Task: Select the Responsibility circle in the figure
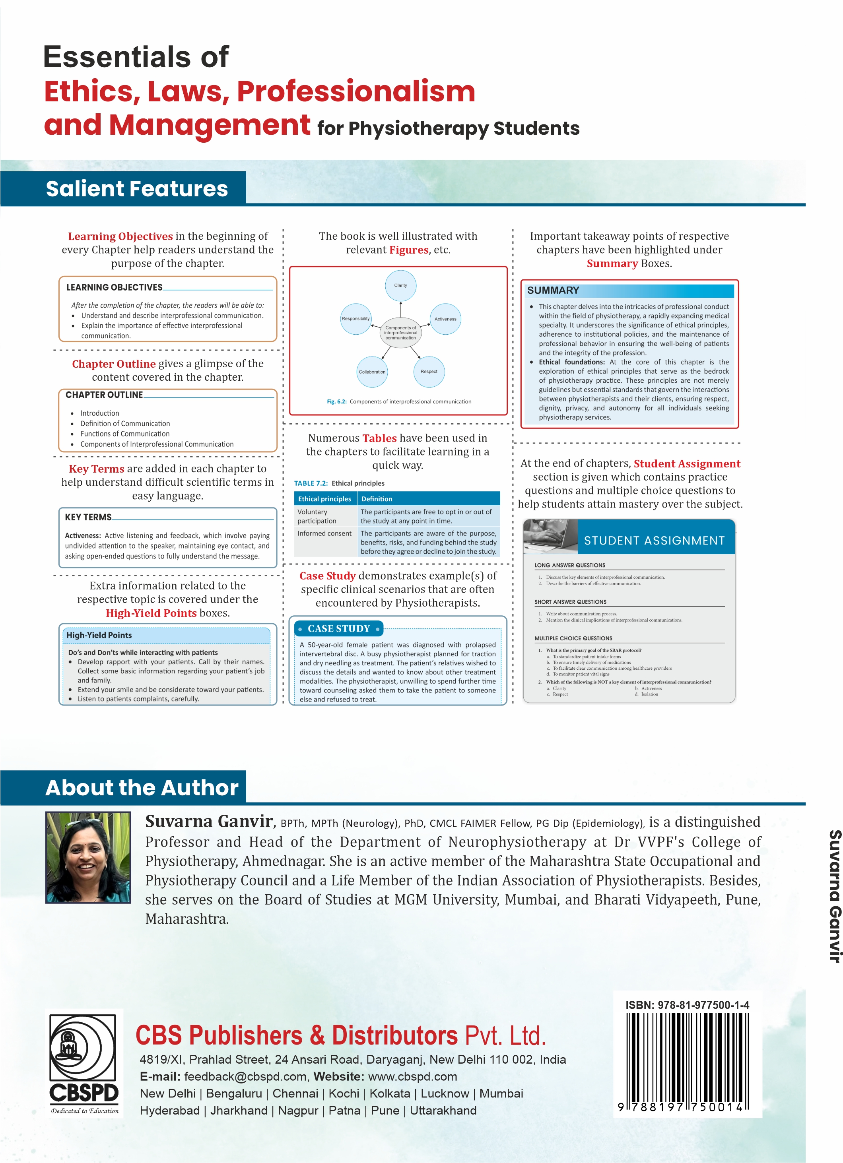pyautogui.click(x=355, y=319)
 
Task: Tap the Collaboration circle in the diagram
pyautogui.click(x=372, y=372)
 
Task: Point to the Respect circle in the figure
pyautogui.click(x=429, y=371)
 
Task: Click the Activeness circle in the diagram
pyautogui.click(x=445, y=319)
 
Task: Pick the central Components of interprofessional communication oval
pyautogui.click(x=401, y=333)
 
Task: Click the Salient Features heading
pyautogui.click(x=136, y=189)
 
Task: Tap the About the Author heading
pyautogui.click(x=142, y=787)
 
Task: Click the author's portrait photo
pyautogui.click(x=88, y=857)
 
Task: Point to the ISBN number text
pyautogui.click(x=687, y=1005)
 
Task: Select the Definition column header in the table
pyautogui.click(x=377, y=498)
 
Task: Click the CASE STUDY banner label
pyautogui.click(x=339, y=629)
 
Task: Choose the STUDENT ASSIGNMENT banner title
pyautogui.click(x=654, y=541)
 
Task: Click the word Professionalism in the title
pyautogui.click(x=355, y=91)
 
